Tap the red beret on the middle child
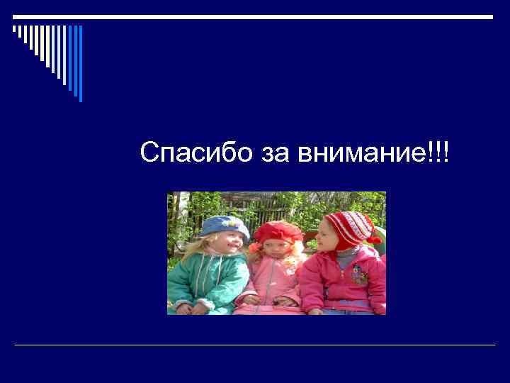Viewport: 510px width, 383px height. (278, 231)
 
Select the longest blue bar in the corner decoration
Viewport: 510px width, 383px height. (80, 64)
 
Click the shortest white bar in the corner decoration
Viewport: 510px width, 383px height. (14, 30)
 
